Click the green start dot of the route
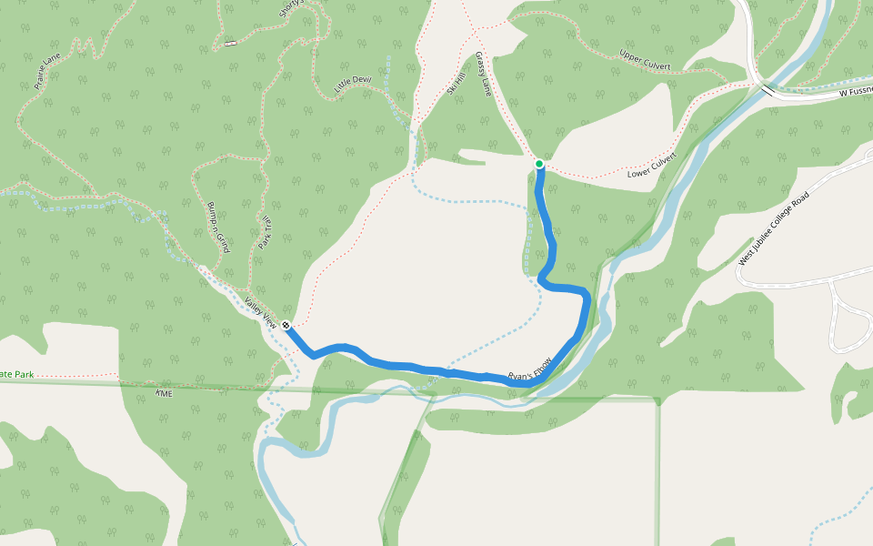539,164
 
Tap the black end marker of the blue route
286,325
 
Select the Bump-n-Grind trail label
216,226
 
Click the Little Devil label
353,85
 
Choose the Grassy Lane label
482,75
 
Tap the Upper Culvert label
645,60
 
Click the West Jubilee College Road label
773,228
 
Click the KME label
164,393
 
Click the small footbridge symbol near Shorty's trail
229,43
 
